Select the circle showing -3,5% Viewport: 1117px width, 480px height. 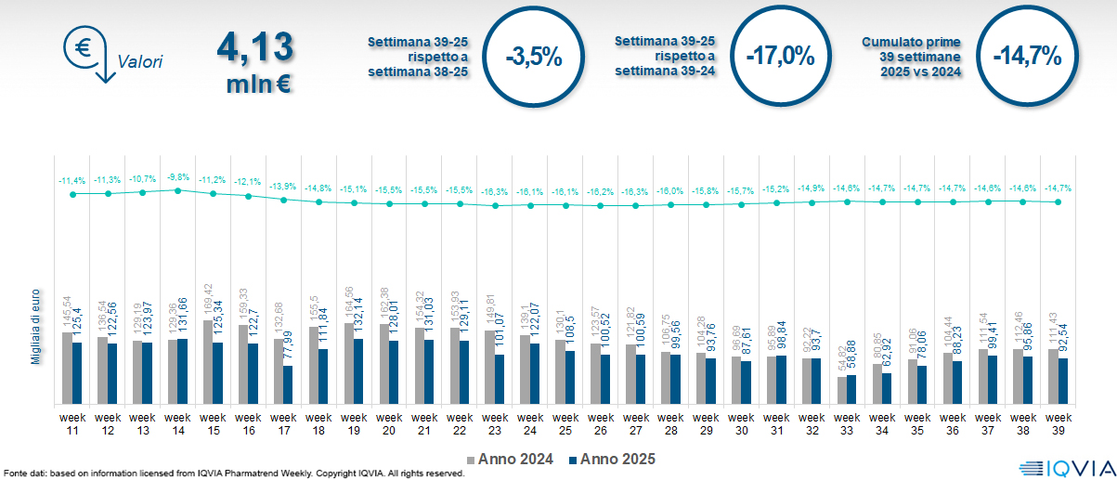533,56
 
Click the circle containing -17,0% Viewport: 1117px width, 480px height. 780,56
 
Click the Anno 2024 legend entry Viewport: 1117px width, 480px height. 510,459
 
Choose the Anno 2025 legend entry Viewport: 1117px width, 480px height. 612,459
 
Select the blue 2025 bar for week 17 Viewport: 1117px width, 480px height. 288,384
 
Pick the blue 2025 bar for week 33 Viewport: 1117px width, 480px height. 852,389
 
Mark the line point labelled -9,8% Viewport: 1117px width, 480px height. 177,189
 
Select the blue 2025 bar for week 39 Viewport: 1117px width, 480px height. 1064,381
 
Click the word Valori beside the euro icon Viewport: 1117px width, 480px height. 140,62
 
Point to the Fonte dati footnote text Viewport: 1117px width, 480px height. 232,474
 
